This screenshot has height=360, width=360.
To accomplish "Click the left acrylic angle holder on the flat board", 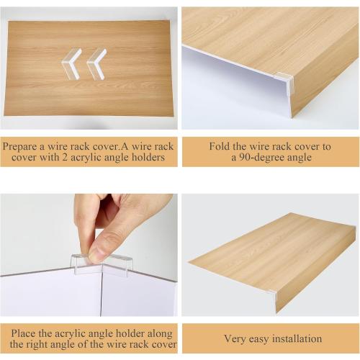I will (x=71, y=63).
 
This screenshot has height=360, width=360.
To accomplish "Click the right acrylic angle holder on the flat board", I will (x=96, y=63).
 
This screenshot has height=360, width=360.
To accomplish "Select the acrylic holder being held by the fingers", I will (x=103, y=266).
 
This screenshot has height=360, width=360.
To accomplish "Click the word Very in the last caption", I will (x=237, y=338).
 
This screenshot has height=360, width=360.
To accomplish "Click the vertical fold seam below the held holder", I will (x=102, y=295).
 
